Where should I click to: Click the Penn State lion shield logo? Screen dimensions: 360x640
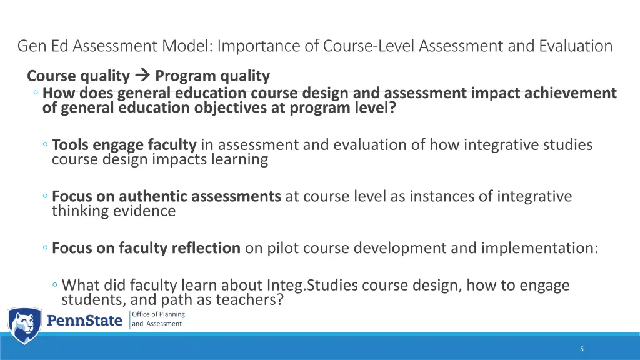coord(24,325)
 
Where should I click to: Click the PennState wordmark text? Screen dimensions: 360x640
coord(86,321)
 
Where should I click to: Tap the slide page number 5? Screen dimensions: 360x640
coord(582,349)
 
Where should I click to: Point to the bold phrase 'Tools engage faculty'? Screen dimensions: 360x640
coord(124,145)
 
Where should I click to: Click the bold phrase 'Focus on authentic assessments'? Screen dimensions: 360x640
coord(166,196)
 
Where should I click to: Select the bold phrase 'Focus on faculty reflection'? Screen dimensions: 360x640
coord(146,248)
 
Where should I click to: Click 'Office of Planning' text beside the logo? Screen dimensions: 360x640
coord(159,314)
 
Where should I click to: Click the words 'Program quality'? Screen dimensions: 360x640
coord(212,76)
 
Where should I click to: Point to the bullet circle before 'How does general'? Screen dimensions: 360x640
coord(37,94)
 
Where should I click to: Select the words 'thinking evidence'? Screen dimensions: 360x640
coord(114,211)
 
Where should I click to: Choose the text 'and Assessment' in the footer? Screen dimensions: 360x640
coord(157,324)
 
